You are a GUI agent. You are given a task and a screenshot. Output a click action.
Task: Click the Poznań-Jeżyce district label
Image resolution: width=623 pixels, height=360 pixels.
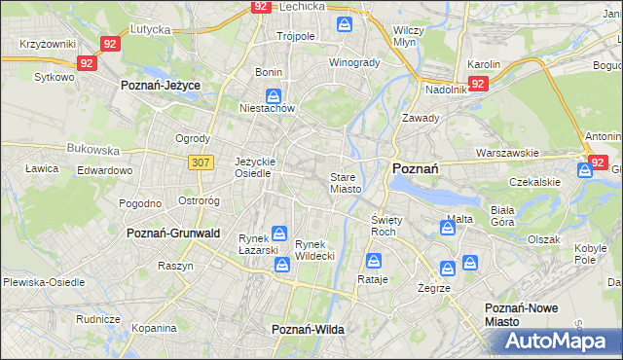coord(160,86)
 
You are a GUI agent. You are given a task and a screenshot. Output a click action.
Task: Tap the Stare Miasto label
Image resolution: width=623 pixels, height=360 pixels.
coord(346,183)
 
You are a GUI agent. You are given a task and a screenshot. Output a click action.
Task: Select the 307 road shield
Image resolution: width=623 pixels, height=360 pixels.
coord(202,162)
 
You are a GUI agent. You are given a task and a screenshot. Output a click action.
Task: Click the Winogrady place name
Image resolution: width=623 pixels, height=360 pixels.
coord(354,62)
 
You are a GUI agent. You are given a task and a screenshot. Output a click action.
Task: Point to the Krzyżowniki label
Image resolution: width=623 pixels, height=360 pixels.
coord(47,45)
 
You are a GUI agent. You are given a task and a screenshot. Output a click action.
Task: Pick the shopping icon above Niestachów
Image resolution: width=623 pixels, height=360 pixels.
coord(275,96)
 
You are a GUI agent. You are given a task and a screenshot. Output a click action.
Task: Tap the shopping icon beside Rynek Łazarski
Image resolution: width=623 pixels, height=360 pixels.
coord(279,234)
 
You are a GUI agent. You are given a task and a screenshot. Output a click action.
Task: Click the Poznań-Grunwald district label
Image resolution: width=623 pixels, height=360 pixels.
coord(173,234)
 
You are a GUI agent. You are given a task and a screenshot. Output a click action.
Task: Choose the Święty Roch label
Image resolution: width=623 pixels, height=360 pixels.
coord(384,226)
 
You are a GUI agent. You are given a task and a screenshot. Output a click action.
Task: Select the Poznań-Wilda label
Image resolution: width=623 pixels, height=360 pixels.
coord(308,330)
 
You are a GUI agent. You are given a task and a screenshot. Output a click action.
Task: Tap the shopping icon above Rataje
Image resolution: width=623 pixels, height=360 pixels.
coord(373,261)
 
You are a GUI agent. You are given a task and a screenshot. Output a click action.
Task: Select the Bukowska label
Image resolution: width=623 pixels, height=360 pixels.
coord(92,151)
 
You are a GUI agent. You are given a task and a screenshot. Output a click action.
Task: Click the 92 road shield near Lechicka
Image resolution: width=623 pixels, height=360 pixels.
coord(260,6)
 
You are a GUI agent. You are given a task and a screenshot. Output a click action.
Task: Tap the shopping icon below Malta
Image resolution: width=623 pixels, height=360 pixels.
coord(447,229)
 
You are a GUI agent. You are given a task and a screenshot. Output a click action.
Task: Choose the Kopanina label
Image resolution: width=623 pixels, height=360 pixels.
coord(153,331)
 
